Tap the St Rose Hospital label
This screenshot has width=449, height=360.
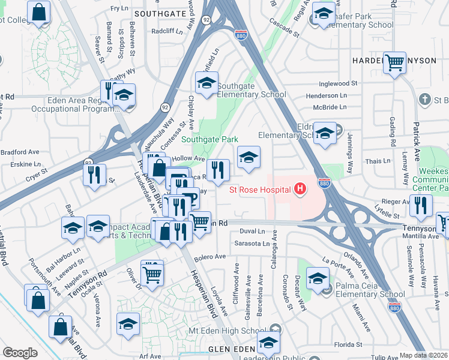pos(260,190)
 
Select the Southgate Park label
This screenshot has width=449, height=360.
pos(210,139)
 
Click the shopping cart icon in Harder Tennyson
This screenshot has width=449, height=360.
pos(394,62)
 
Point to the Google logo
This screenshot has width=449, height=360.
pos(20,353)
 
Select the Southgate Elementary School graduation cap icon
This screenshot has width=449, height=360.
pos(206,83)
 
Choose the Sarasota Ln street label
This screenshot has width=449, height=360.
pos(253,244)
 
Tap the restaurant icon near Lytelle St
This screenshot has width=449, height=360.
pos(421,206)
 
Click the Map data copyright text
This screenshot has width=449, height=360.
pos(423,355)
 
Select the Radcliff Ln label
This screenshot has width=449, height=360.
pos(166,31)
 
